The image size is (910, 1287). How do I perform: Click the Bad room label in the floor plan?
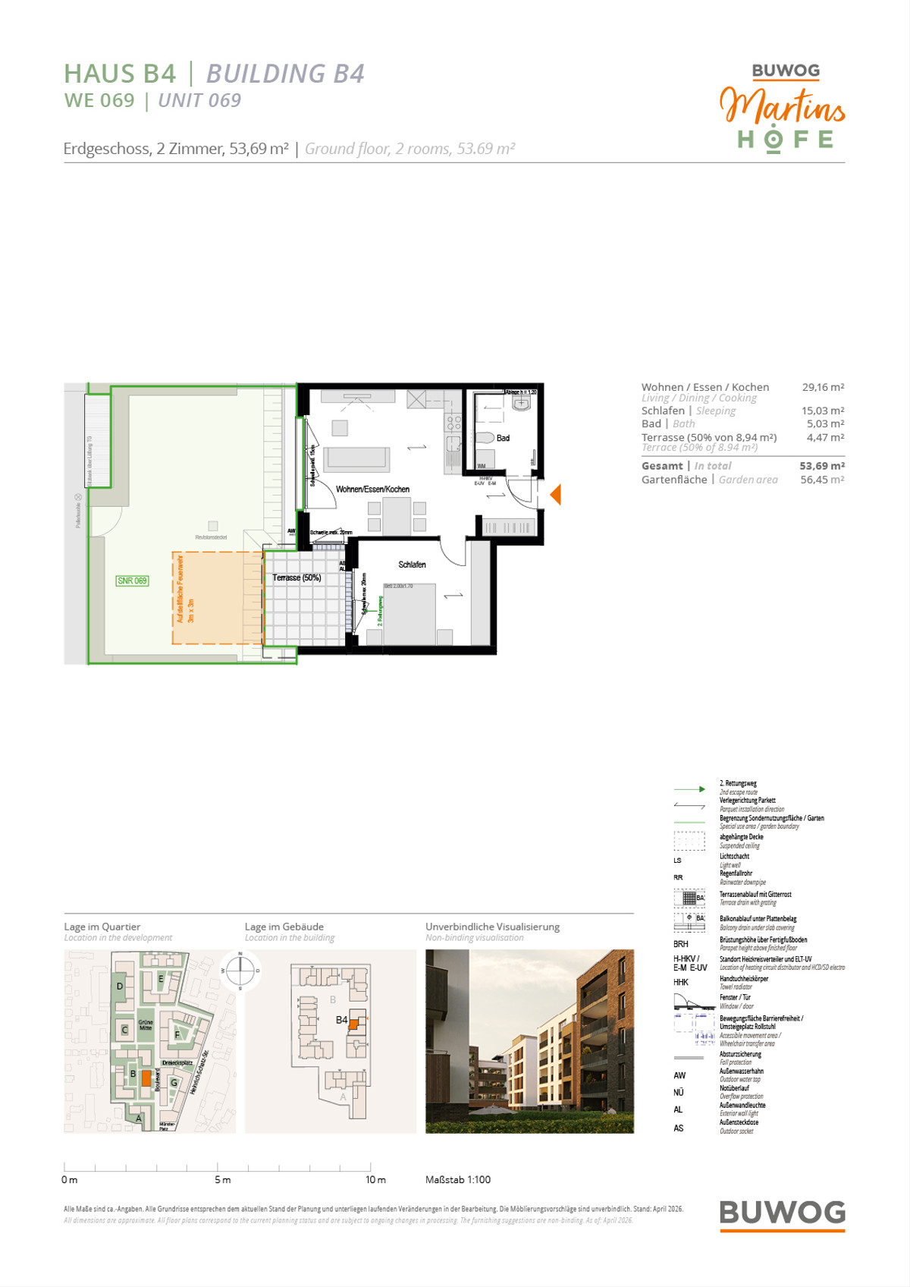tap(503, 439)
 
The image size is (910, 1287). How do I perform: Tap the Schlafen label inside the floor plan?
tap(412, 565)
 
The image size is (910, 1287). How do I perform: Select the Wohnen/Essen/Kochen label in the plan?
tap(372, 489)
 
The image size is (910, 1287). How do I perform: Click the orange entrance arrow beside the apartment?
tap(556, 495)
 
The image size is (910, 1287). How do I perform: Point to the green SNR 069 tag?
tap(132, 581)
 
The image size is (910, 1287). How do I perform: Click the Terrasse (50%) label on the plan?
tap(297, 578)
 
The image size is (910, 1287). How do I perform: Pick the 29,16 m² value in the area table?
tap(823, 387)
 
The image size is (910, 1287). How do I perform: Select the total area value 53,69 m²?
tap(821, 466)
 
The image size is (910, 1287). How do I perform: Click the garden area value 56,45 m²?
tap(822, 480)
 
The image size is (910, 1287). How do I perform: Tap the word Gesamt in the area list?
tap(662, 466)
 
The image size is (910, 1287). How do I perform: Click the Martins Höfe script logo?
tap(783, 106)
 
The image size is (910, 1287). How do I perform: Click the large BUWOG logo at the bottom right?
tap(782, 1213)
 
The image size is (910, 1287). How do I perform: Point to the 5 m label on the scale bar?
tap(222, 1180)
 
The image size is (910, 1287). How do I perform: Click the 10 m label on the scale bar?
tap(375, 1180)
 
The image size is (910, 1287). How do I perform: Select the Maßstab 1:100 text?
tap(458, 1180)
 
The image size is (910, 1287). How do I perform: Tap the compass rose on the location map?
tap(240, 970)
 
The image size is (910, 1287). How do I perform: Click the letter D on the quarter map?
tap(120, 986)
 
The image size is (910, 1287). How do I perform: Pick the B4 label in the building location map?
tap(341, 1021)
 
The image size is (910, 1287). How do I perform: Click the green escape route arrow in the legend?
tap(689, 789)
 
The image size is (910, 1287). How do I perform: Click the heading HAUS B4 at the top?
tap(120, 74)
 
